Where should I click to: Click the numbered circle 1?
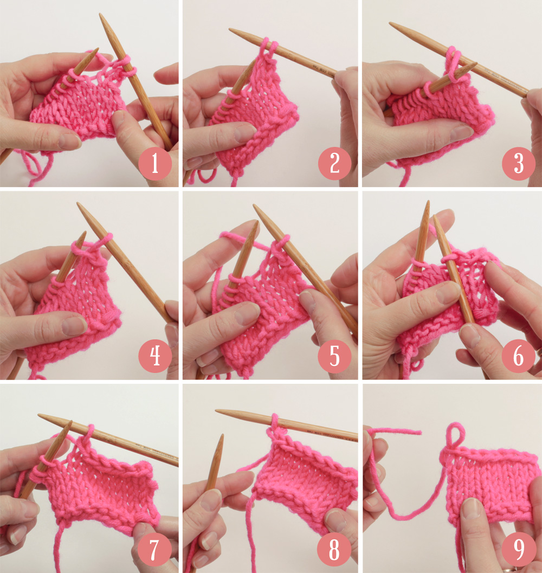(x=154, y=164)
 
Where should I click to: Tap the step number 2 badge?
(x=334, y=164)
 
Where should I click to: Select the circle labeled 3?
(x=518, y=164)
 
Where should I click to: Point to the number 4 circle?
(x=154, y=356)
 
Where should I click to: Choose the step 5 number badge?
(x=334, y=356)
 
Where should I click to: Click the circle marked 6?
(x=518, y=356)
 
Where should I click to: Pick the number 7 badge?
(x=154, y=550)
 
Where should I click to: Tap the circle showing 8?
(x=334, y=550)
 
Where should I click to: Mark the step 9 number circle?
(x=518, y=550)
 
